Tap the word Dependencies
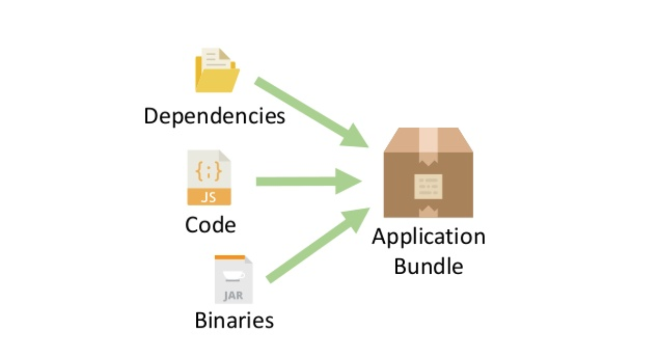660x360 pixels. click(214, 116)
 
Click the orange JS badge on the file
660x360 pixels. click(209, 197)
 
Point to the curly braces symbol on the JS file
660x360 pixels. click(208, 171)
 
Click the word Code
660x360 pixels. click(210, 225)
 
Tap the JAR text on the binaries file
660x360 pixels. click(233, 295)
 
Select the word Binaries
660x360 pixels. click(234, 320)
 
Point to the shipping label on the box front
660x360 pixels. click(428, 186)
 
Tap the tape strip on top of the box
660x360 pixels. click(428, 139)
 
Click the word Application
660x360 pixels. click(428, 237)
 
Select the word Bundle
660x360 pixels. click(428, 266)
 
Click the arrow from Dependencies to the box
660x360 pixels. click(311, 112)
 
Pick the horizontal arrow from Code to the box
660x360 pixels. click(308, 182)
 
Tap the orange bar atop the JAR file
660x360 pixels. click(230, 257)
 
